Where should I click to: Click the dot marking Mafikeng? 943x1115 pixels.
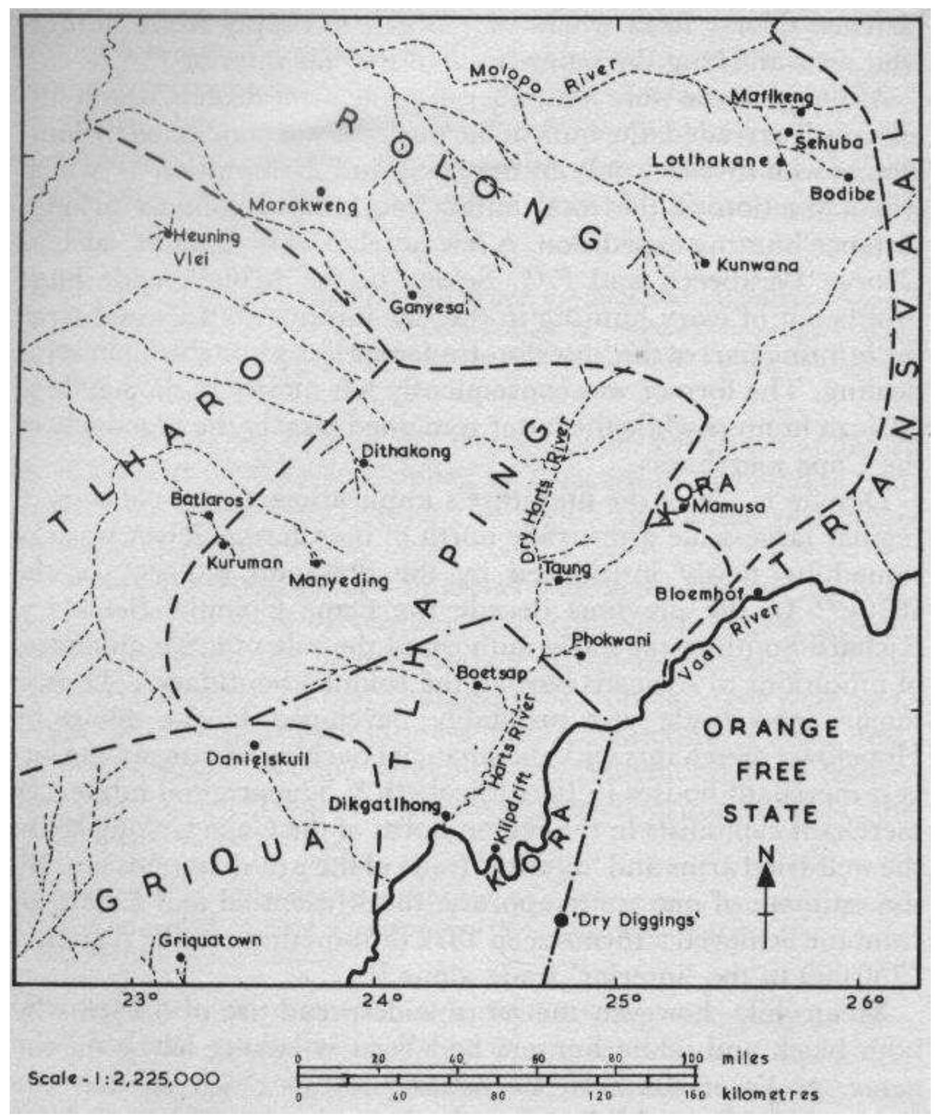[801, 112]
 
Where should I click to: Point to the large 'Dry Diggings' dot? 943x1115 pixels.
[561, 920]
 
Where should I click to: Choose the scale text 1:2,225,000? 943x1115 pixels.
[124, 1078]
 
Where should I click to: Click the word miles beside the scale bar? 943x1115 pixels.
[746, 1057]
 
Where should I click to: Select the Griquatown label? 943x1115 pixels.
[211, 940]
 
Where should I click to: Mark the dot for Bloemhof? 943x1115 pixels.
[758, 592]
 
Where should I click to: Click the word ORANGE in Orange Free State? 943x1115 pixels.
[770, 728]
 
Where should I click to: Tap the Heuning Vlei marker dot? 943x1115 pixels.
[167, 233]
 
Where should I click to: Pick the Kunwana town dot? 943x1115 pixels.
[705, 262]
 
